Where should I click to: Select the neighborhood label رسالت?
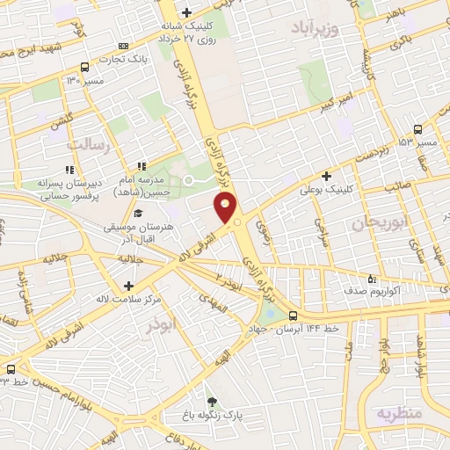pyautogui.click(x=92, y=143)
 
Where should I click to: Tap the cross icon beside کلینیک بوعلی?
pyautogui.click(x=327, y=176)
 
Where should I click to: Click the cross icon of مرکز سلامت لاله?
pyautogui.click(x=129, y=286)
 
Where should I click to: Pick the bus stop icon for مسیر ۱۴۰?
pyautogui.click(x=85, y=67)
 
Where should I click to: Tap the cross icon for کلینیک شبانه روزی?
pyautogui.click(x=186, y=13)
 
